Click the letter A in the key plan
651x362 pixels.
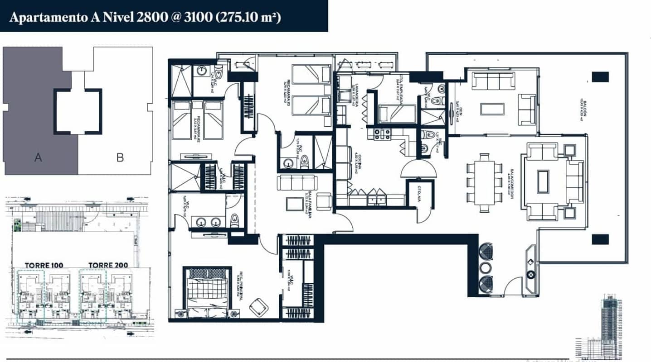[39, 157]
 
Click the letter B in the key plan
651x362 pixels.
[120, 157]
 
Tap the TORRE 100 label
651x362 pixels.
[44, 265]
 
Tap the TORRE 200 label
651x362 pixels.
[108, 265]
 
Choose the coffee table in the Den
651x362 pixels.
[492, 110]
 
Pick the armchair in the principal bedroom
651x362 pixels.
[258, 307]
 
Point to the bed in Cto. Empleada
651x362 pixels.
[394, 113]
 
